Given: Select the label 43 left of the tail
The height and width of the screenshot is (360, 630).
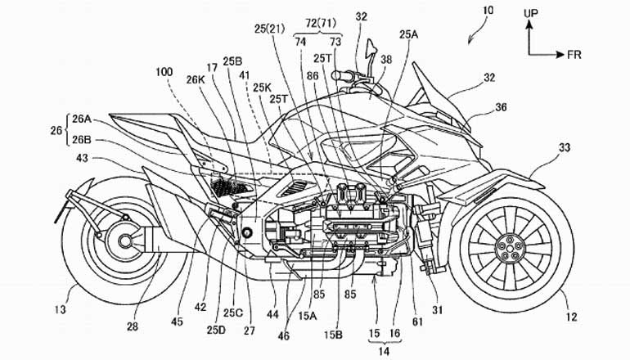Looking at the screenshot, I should click(x=60, y=160).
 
